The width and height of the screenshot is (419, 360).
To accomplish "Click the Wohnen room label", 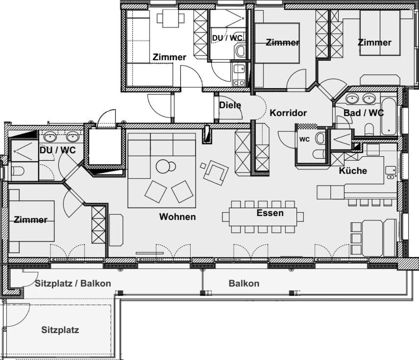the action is pos(177,216).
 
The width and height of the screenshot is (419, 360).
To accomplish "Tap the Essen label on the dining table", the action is pos(270,213).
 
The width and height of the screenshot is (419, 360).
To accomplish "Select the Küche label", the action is pos(353,170).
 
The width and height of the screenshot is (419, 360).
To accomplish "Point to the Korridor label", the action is pos(288,113).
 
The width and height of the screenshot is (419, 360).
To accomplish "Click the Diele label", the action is pos(230,105).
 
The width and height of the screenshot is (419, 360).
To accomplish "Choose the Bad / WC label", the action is pos(364,113).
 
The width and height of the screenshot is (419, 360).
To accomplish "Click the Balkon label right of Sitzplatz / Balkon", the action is pos(244,284).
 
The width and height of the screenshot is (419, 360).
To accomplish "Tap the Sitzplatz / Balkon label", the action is pos(73,284).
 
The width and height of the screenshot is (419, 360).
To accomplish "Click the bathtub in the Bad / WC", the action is pos(389,117).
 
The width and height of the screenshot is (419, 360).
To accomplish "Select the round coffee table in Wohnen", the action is pos(164,167).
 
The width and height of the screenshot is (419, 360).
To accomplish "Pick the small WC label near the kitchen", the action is pos(304,140).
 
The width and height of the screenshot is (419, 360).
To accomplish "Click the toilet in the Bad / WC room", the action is pos(369,129).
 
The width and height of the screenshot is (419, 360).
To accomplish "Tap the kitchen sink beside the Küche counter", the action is pos(391,172).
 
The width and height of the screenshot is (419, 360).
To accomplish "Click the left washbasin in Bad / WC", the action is pos(352,98).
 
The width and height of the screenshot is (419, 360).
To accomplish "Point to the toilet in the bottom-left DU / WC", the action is pos(19,170).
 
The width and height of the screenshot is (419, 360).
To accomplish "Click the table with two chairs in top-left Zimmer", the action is pos(171,18).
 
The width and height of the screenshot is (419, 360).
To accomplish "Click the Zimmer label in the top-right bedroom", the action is pos(374,43).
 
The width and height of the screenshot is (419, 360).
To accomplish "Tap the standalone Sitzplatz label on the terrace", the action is pos(60,330).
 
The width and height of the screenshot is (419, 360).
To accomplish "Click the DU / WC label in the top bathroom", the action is pos(227,38).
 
